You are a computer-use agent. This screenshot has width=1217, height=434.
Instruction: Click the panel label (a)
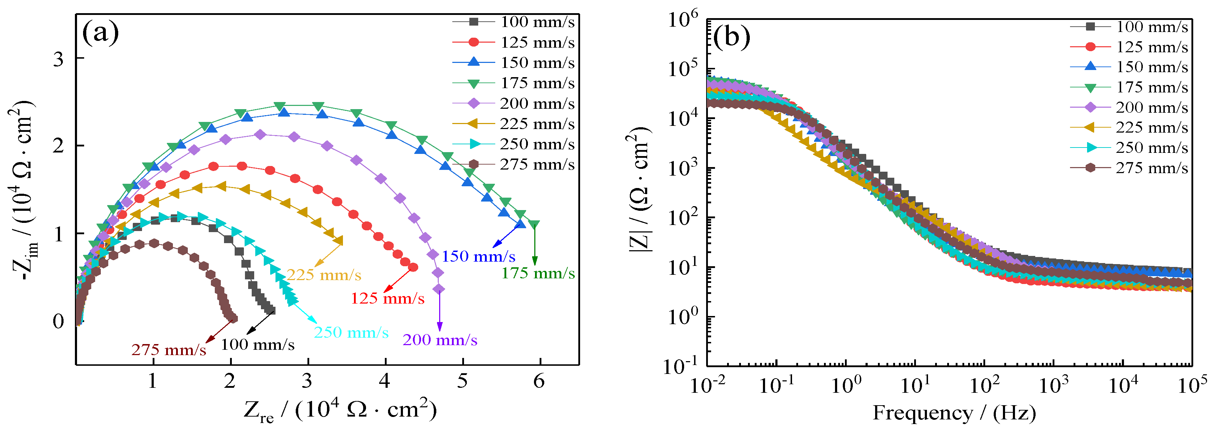(x=100, y=33)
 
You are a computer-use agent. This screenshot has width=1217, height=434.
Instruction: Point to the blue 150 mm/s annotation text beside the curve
(x=478, y=256)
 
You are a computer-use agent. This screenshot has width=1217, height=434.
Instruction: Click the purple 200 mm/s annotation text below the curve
(x=440, y=340)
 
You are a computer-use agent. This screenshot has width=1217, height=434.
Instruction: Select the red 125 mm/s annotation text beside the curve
(x=387, y=298)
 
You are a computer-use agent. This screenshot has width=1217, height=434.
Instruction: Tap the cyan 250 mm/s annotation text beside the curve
(x=351, y=332)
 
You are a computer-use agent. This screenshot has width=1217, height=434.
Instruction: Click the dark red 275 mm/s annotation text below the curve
(x=169, y=350)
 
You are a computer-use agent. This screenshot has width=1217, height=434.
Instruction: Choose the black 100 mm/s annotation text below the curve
(x=257, y=344)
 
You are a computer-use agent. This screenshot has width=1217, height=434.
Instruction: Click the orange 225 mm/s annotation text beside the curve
(x=324, y=275)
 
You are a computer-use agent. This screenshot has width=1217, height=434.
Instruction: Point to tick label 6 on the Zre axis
(x=539, y=381)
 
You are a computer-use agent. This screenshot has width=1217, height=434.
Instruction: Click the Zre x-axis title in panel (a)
(x=340, y=410)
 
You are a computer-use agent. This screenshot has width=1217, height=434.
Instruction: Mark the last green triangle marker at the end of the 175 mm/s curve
(x=534, y=225)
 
